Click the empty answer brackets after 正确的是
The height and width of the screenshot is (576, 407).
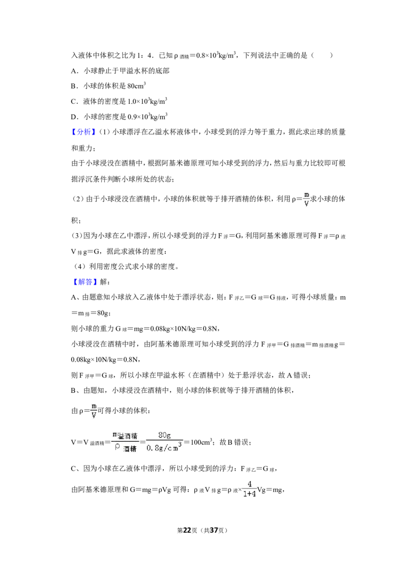[x=322, y=55]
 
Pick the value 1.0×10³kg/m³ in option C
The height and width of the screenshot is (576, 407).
[x=147, y=101]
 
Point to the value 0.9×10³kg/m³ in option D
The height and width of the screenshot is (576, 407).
[x=148, y=117]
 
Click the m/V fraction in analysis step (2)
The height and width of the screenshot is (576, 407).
[x=307, y=199]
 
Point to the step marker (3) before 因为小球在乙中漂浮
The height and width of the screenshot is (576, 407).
[x=77, y=236]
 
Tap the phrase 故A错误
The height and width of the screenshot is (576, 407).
[x=294, y=375]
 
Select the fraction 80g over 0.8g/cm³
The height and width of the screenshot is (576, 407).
[x=164, y=442]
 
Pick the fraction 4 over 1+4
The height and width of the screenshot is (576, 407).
[x=249, y=489]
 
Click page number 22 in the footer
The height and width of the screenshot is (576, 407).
[x=187, y=530]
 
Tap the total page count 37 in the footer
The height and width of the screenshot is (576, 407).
[x=214, y=530]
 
